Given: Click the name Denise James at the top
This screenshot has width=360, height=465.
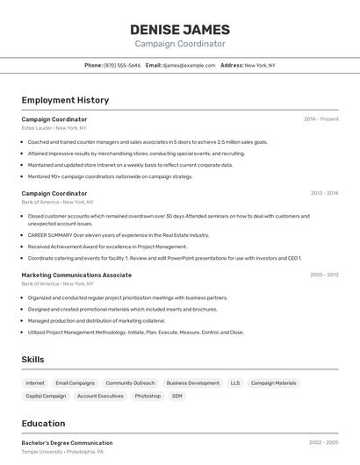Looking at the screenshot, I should coord(180,29).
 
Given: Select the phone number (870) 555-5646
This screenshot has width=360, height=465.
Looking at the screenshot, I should coord(121,65).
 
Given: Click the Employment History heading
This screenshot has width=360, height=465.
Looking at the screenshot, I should coord(65,101).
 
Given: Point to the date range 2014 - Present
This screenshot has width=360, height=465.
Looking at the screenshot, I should coord(320,119).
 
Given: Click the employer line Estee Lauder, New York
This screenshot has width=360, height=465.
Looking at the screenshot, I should coord(54,128).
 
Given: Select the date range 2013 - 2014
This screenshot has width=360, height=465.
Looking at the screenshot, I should coord(324,193).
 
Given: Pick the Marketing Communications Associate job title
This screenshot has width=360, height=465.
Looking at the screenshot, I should coord(76,275).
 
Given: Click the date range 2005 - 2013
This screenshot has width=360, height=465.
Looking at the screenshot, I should coord(324,275).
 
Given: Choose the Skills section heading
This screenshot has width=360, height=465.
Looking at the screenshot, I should coord(32,360).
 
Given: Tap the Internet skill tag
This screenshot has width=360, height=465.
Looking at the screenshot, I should coord(35,383).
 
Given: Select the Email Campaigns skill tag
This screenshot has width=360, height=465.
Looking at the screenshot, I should coord(75,383).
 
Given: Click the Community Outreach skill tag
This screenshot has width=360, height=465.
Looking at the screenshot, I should coord(130,383).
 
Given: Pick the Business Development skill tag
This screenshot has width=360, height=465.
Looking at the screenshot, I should coord(192,383).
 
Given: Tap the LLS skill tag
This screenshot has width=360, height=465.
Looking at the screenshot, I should coord(234,383).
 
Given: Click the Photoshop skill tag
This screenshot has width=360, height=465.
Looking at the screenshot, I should coord(148,397).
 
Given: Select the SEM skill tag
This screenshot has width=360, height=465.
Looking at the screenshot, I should coord(177,397).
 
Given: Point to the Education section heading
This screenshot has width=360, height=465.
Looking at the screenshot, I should coord(43,424).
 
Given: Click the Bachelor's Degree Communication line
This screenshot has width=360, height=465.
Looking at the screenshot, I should coord(67,443).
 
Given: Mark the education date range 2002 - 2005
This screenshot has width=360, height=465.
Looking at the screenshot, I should coord(324,443).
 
